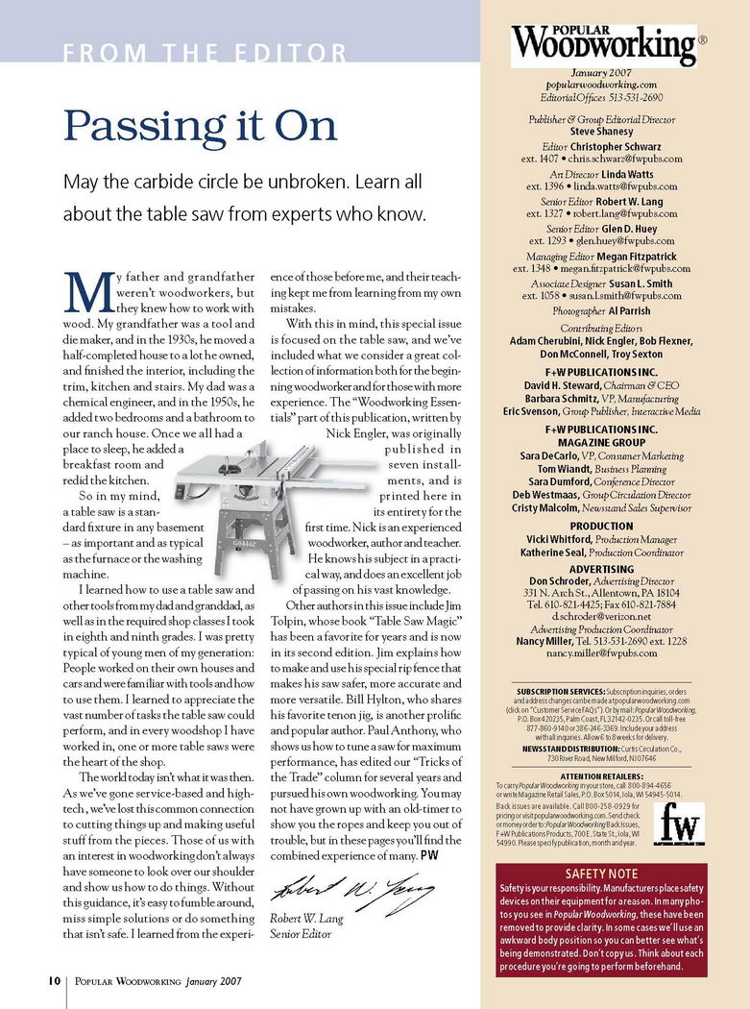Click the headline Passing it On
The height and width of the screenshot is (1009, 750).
[x=200, y=126]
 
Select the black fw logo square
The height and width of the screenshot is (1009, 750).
[x=681, y=824]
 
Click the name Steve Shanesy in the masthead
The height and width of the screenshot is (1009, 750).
[x=602, y=133]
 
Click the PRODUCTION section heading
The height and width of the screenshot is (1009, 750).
[x=601, y=527]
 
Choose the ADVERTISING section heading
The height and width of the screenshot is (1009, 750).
[x=601, y=569]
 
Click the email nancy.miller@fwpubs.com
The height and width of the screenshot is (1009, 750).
[x=601, y=652]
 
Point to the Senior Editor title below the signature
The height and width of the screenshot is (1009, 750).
[x=299, y=933]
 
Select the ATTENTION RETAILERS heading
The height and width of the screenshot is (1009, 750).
[x=601, y=775]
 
